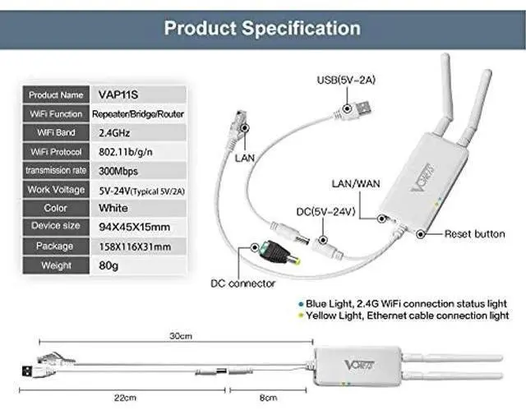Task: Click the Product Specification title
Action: [x=262, y=27]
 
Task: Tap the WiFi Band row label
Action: [x=56, y=133]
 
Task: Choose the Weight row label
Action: [x=56, y=265]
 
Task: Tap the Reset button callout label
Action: [x=474, y=234]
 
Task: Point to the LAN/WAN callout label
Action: [x=356, y=183]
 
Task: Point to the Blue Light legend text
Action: [x=409, y=301]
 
